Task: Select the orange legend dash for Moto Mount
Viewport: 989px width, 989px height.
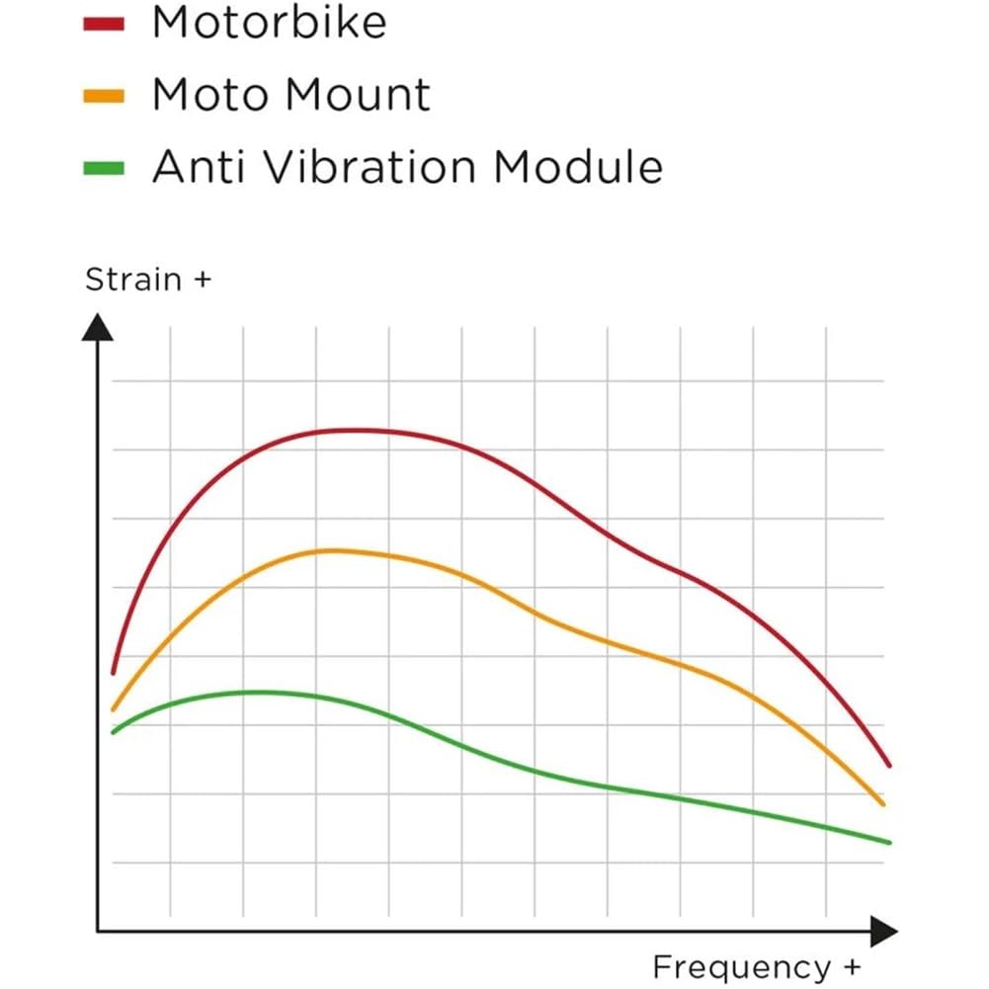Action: click(104, 96)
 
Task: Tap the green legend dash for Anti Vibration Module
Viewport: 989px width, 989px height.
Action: click(104, 168)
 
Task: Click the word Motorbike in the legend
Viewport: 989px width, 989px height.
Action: click(269, 24)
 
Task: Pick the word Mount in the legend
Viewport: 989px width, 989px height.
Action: click(357, 96)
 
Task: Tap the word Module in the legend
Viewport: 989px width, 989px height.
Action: click(577, 168)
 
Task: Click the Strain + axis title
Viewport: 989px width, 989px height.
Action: click(148, 280)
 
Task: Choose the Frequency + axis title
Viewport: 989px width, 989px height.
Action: click(757, 966)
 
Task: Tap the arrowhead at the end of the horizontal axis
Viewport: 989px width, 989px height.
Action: click(882, 931)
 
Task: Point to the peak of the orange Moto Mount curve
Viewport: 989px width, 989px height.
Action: click(331, 550)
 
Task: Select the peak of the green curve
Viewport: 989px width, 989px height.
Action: click(257, 692)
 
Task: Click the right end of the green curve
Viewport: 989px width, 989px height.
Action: click(889, 842)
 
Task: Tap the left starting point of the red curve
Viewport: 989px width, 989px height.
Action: click(113, 672)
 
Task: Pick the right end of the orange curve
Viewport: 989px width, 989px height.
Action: click(883, 804)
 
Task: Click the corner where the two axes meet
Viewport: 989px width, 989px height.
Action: click(97, 931)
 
